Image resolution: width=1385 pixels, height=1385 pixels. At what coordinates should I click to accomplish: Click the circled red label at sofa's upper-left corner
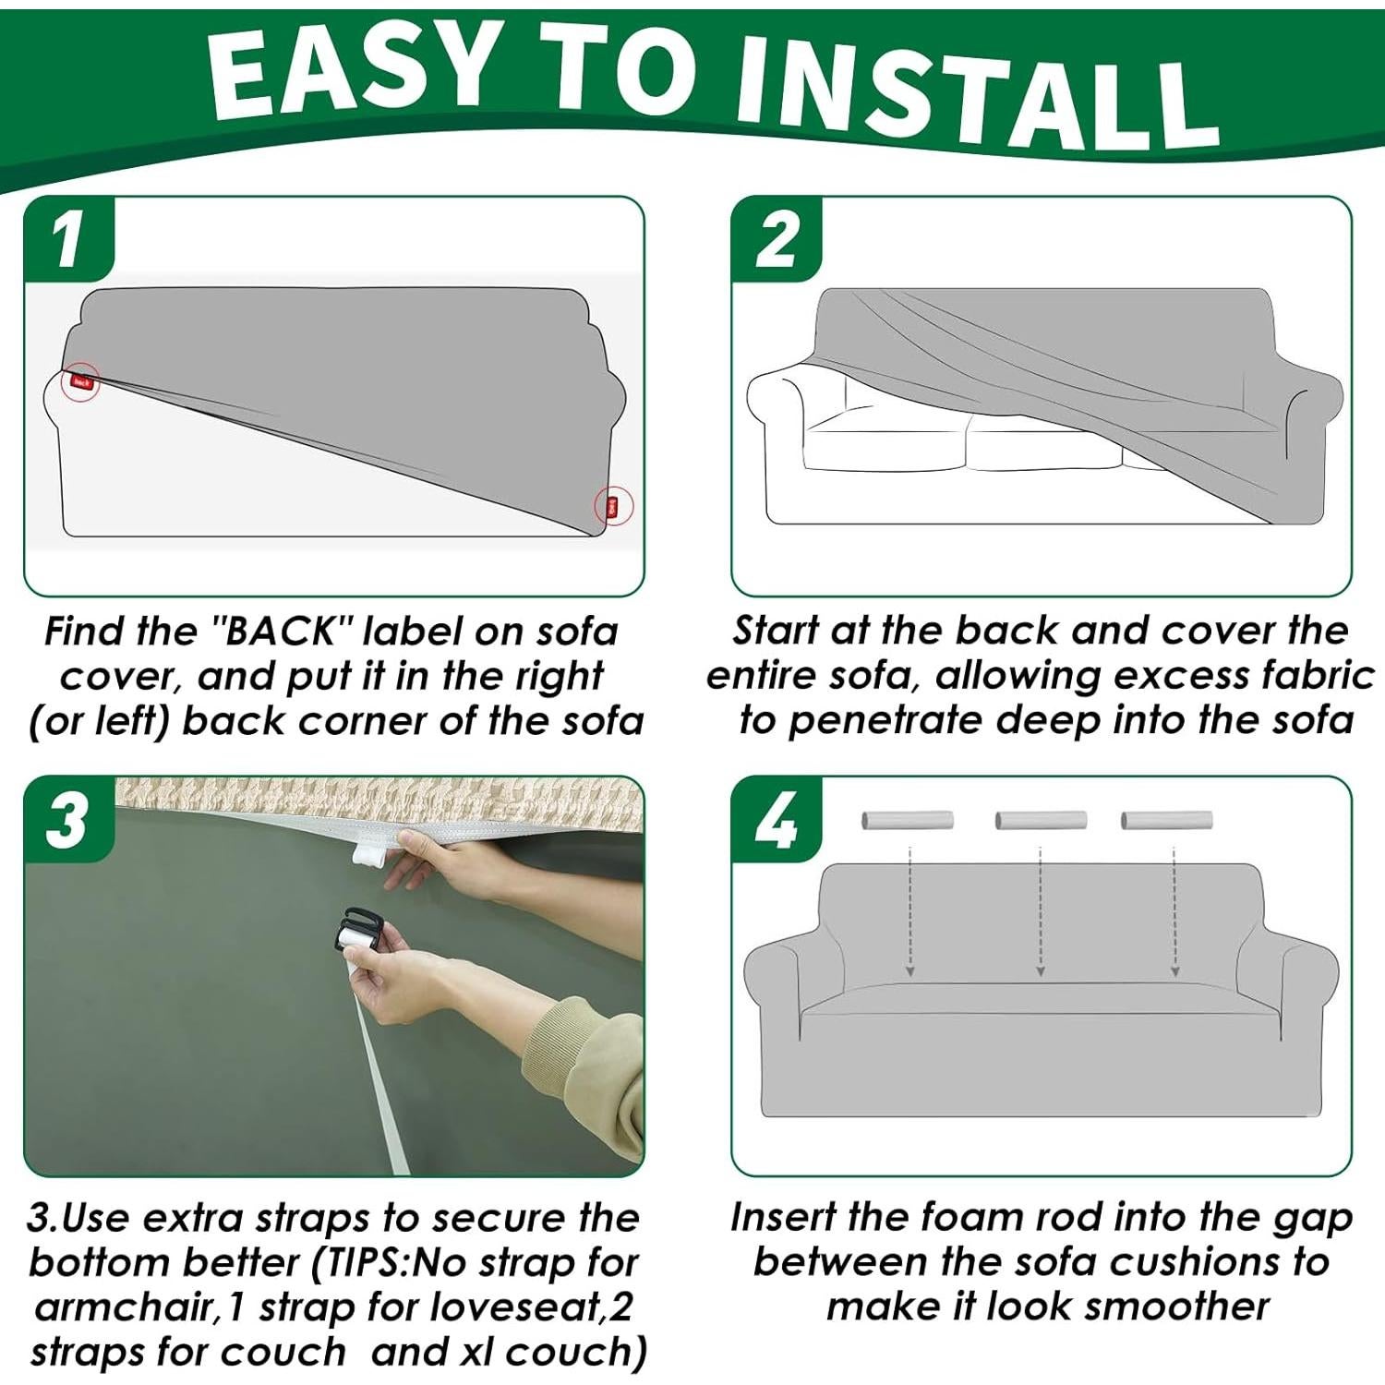pyautogui.click(x=81, y=380)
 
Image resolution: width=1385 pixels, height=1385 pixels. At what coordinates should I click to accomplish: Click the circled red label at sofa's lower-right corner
pyautogui.click(x=612, y=506)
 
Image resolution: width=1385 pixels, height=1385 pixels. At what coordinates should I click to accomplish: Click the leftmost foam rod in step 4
pyautogui.click(x=908, y=820)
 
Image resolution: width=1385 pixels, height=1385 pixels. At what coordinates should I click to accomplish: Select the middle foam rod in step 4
pyautogui.click(x=1041, y=820)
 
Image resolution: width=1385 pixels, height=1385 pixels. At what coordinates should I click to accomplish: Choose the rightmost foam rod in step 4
pyautogui.click(x=1166, y=820)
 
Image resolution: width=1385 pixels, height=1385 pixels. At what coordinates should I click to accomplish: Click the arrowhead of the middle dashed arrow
pyautogui.click(x=1041, y=970)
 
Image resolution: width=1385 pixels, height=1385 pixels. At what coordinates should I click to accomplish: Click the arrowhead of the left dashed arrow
pyautogui.click(x=910, y=970)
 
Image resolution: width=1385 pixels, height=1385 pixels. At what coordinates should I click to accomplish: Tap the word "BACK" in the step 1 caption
pyautogui.click(x=282, y=631)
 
